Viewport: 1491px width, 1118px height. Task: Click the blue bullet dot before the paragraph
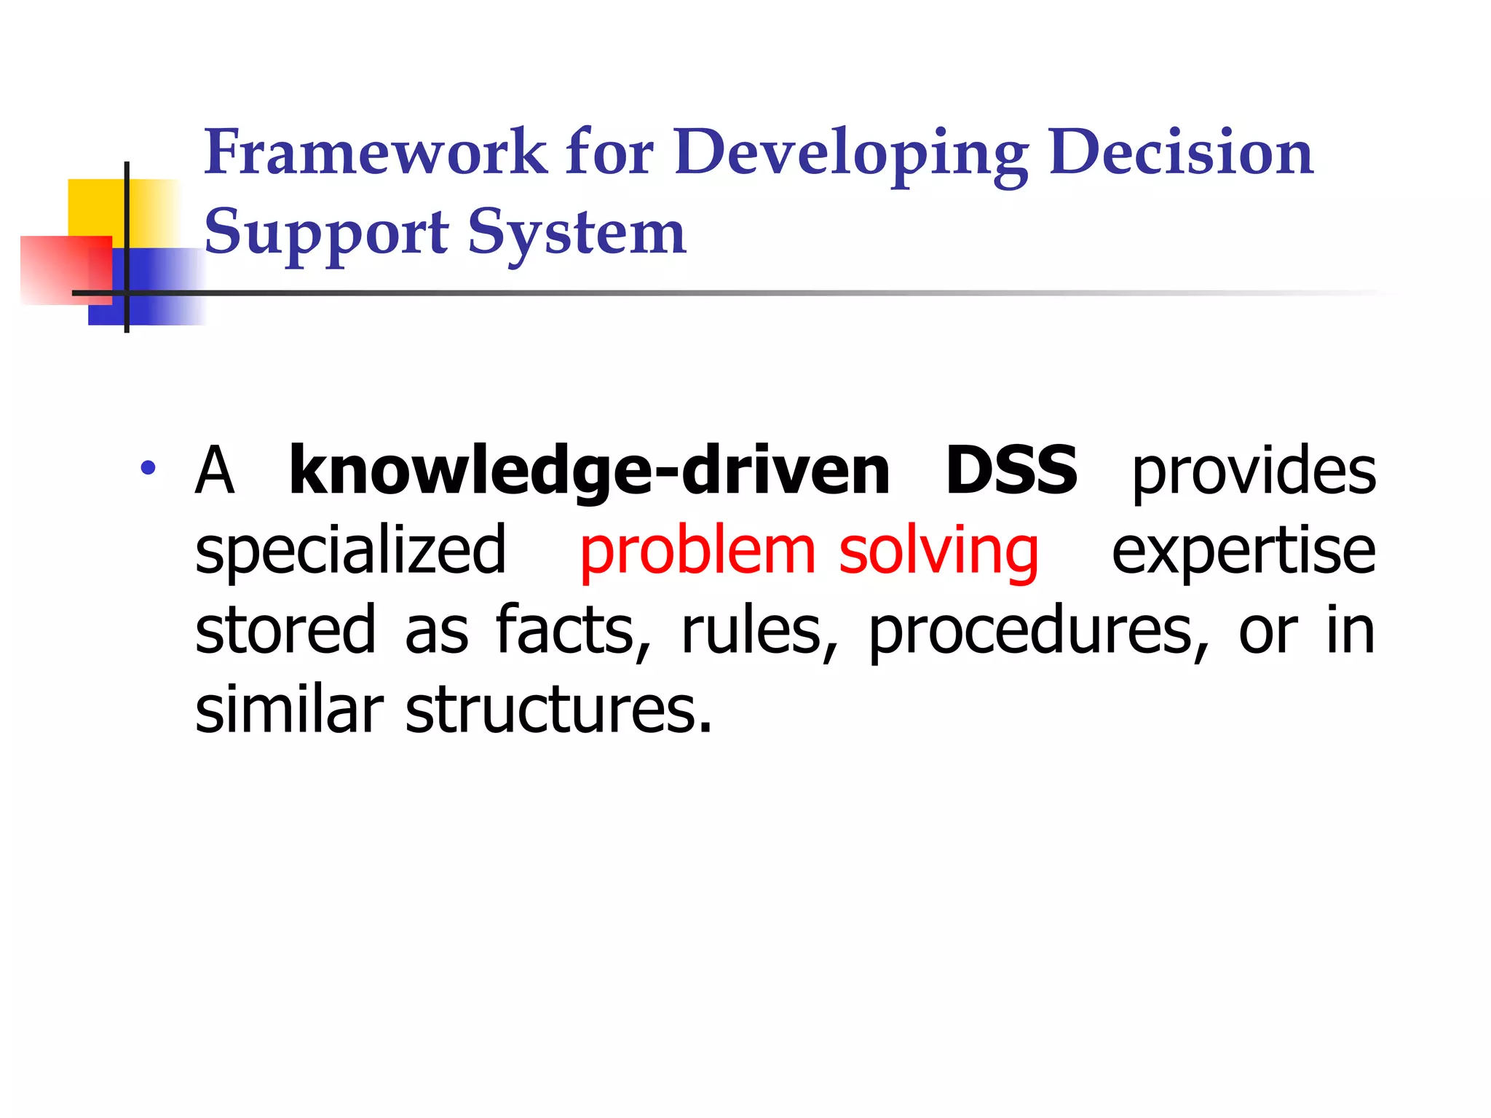click(x=149, y=468)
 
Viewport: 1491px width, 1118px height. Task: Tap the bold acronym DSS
click(x=1011, y=471)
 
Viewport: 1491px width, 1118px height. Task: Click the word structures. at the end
click(x=558, y=710)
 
